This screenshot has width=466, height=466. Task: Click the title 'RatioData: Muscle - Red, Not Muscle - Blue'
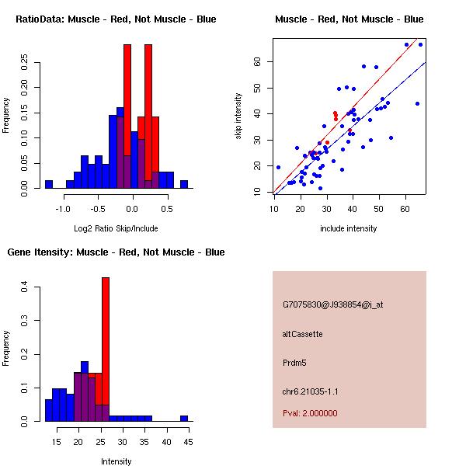pyautogui.click(x=116, y=19)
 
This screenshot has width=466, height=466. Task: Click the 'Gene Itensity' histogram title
pyautogui.click(x=116, y=252)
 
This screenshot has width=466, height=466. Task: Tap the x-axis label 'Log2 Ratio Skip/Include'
pyautogui.click(x=116, y=228)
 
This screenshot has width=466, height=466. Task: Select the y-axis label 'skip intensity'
pyautogui.click(x=239, y=116)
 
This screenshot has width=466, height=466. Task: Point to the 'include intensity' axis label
pyautogui.click(x=349, y=228)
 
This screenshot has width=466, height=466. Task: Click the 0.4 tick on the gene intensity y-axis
pyautogui.click(x=24, y=287)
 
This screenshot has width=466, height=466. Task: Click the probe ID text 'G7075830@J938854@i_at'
pyautogui.click(x=332, y=304)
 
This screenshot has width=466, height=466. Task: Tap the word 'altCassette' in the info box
pyautogui.click(x=302, y=334)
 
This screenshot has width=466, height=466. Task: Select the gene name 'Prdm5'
pyautogui.click(x=295, y=363)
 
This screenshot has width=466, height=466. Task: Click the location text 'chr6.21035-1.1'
pyautogui.click(x=311, y=391)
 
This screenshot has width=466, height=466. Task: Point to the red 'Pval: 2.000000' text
pyautogui.click(x=310, y=413)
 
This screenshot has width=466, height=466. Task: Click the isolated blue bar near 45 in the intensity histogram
pyautogui.click(x=184, y=418)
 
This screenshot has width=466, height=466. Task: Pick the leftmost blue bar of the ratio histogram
pyautogui.click(x=48, y=184)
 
